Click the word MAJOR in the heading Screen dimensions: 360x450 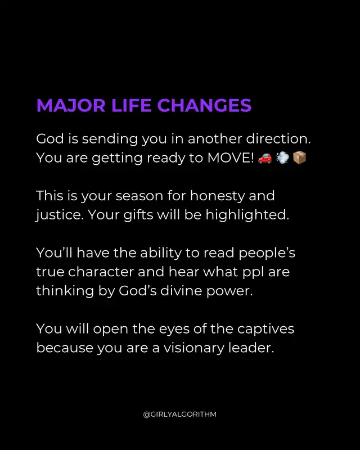click(x=71, y=105)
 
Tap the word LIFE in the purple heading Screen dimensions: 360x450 click(x=131, y=105)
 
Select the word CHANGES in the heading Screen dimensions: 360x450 click(x=204, y=105)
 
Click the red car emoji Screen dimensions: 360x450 click(x=265, y=158)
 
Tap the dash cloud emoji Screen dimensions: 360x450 click(x=282, y=158)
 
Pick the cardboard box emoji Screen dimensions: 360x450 click(x=299, y=158)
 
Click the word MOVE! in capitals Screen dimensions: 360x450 click(x=231, y=157)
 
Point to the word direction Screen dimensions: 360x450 click(x=278, y=138)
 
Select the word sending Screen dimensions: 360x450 click(x=110, y=139)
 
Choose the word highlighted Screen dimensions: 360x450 click(x=247, y=215)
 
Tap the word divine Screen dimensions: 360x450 click(x=181, y=291)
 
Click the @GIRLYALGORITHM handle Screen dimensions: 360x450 click(x=179, y=415)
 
